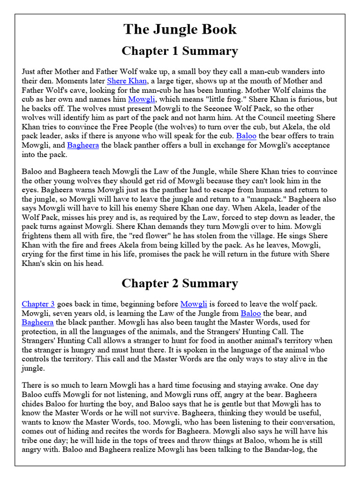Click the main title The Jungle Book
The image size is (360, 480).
click(x=180, y=29)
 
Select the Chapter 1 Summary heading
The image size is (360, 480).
click(x=180, y=51)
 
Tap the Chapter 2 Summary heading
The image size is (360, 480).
click(x=180, y=283)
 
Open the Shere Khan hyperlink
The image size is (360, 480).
click(x=124, y=81)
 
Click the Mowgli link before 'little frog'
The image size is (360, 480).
click(x=142, y=99)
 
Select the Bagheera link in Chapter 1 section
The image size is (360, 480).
click(x=83, y=145)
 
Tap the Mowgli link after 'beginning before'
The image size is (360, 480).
click(x=194, y=304)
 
